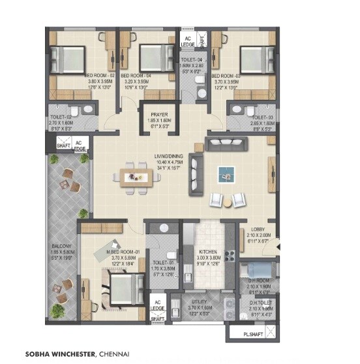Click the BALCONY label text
point(63,247)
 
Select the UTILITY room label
point(199,303)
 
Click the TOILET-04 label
point(192,58)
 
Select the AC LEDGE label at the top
point(187,42)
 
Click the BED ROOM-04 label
point(136,76)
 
